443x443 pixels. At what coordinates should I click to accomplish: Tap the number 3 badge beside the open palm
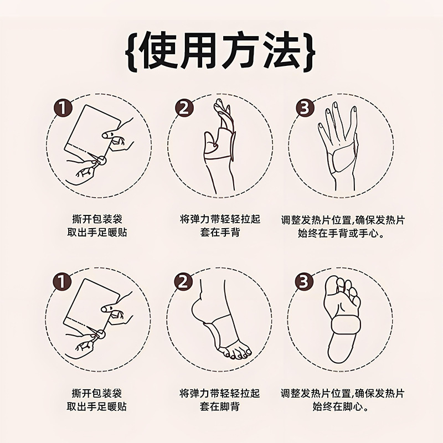tap(303, 107)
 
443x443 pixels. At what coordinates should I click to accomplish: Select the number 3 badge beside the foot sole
tap(303, 281)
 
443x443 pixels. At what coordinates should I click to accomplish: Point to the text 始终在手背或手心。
tap(342, 233)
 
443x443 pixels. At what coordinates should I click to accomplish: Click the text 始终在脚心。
tap(342, 406)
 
